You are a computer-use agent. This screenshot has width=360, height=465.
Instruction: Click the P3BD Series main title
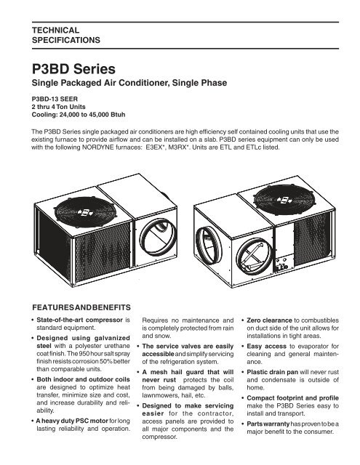73,69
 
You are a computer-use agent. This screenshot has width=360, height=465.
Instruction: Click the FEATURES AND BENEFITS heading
81,307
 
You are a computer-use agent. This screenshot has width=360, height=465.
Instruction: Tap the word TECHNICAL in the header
56,31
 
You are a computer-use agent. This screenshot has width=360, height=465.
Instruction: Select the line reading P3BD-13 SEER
55,99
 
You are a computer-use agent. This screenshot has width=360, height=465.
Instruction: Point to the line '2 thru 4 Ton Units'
58,107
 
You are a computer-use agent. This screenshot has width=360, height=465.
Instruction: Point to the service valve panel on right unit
282,264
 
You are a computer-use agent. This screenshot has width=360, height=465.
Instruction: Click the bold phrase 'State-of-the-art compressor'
79,320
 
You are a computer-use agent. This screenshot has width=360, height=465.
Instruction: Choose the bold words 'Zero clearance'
269,320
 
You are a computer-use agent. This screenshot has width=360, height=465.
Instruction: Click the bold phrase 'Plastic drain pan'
273,372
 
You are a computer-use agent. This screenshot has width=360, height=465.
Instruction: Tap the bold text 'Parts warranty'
268,424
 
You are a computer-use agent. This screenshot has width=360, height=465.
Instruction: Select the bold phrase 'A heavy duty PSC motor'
72,421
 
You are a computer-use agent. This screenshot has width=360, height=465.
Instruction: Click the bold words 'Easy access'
266,347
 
